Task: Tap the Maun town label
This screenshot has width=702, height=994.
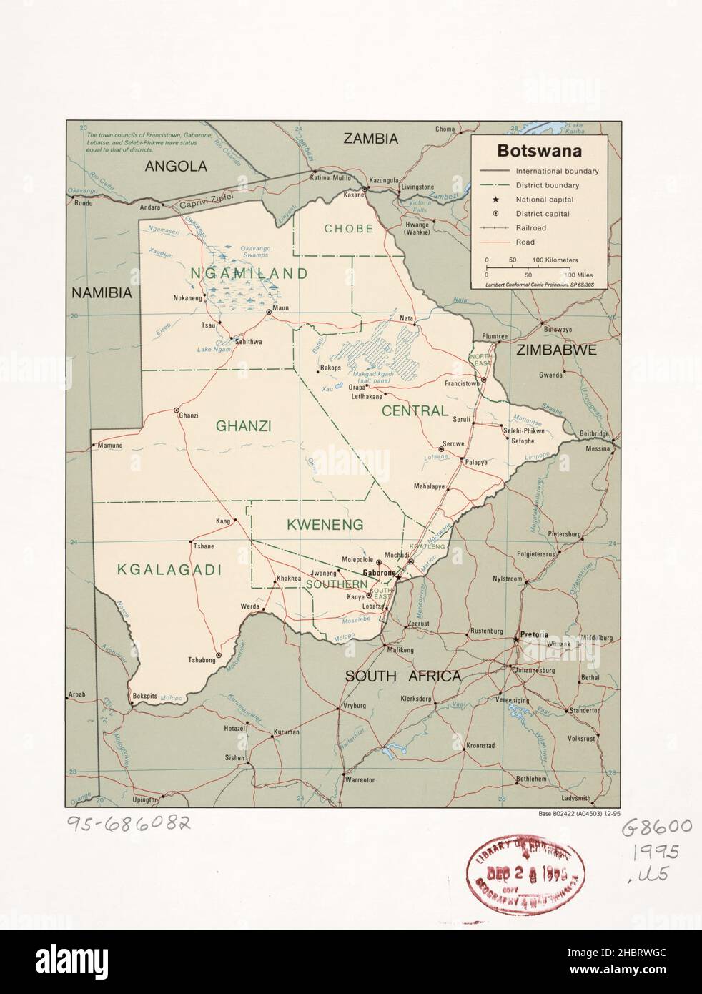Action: [280, 308]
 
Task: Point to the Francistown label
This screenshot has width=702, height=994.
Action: [461, 384]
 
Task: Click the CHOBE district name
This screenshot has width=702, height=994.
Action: [349, 229]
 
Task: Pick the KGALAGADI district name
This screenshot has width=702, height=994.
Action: [169, 570]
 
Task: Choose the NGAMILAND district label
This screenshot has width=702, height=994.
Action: [249, 273]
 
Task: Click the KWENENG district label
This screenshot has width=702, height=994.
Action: [325, 524]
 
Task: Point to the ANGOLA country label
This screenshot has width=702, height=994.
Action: [176, 167]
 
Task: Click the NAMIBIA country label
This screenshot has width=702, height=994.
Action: [102, 292]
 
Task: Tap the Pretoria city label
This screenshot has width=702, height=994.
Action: [533, 634]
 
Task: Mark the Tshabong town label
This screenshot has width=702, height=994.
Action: [201, 660]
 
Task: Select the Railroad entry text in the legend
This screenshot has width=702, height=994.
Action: [530, 228]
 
